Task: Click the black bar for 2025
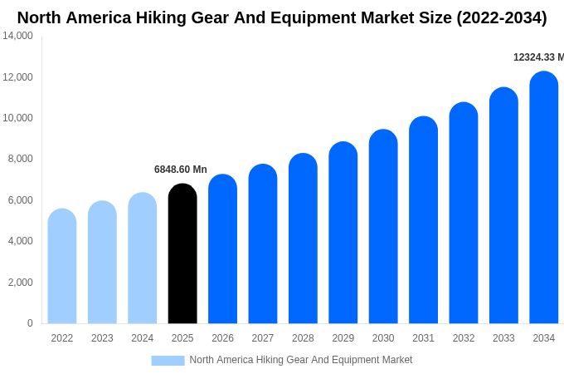tap(182, 253)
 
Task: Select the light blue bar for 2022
tap(62, 266)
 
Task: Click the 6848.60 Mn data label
tap(181, 170)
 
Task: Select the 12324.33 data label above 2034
tap(537, 57)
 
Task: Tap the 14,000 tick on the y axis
tap(17, 36)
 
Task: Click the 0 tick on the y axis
tap(30, 323)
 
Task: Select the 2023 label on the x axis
tap(102, 338)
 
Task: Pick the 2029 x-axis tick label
tap(343, 338)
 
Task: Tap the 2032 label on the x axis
tap(464, 338)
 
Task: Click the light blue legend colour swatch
tap(168, 361)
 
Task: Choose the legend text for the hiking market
tap(300, 360)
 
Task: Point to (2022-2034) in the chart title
tap(502, 17)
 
